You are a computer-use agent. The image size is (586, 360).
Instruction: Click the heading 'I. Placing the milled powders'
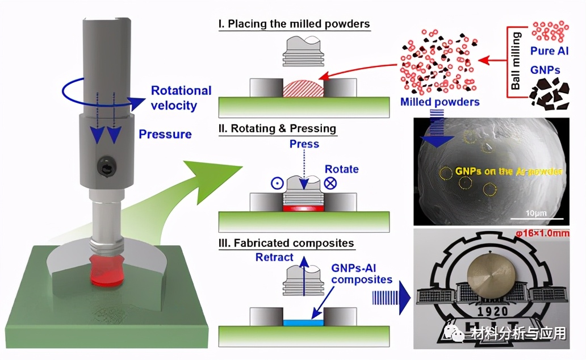[x=294, y=24]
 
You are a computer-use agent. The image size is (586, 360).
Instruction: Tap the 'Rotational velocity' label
[x=181, y=98]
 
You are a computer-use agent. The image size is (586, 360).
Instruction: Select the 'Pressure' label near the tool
[x=165, y=134]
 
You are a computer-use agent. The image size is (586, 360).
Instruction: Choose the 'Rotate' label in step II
[x=341, y=169]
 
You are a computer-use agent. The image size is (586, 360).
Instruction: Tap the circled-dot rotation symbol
[x=277, y=183]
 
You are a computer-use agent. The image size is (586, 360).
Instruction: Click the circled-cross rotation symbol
[x=330, y=184]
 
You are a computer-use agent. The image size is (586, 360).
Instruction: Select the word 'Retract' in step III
[x=274, y=257]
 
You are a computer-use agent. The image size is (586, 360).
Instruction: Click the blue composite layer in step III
[x=303, y=322]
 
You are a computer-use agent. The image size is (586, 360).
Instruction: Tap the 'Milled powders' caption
[x=439, y=102]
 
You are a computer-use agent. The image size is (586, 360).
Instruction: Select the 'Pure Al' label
[x=549, y=51]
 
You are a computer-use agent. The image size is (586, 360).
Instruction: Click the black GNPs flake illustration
[x=548, y=94]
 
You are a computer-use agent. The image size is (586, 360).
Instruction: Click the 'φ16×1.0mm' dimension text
[x=550, y=234]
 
